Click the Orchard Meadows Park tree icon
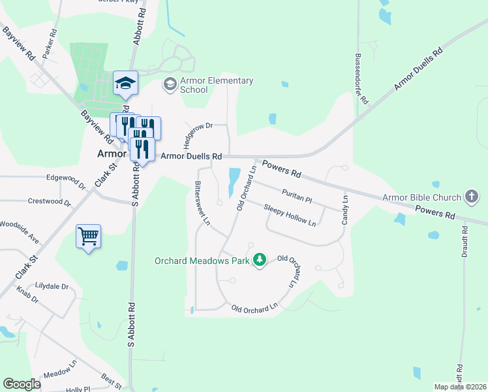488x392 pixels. [x=260, y=260]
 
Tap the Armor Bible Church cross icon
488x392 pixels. [x=471, y=197]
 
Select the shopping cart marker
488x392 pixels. [x=88, y=236]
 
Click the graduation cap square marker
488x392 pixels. [x=125, y=83]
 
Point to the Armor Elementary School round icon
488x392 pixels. [x=170, y=84]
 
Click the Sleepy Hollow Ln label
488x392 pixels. [x=290, y=216]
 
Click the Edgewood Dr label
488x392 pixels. [x=66, y=179]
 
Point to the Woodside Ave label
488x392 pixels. [x=20, y=232]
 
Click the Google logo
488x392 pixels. [x=22, y=384]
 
